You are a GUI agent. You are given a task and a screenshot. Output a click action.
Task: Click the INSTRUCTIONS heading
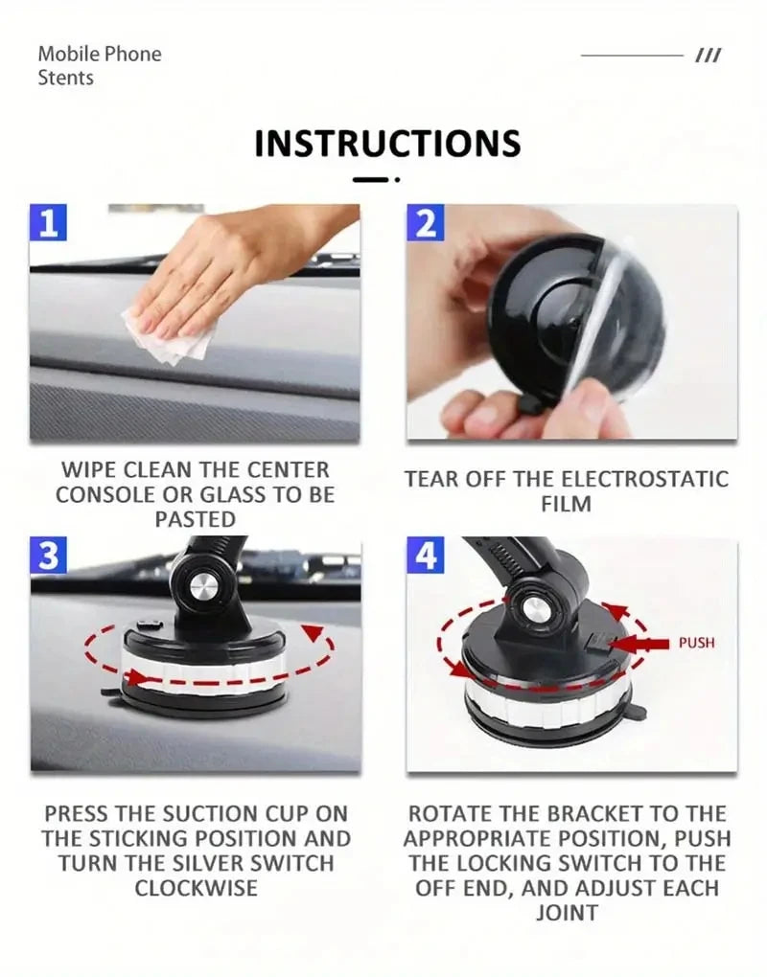tap(387, 144)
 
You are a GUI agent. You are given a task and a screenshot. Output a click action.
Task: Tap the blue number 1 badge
tap(49, 222)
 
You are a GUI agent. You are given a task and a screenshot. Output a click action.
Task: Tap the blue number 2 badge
tap(427, 222)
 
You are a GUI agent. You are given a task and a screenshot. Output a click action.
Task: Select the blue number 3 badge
tap(49, 556)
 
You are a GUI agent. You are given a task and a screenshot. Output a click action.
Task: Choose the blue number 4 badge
tap(427, 556)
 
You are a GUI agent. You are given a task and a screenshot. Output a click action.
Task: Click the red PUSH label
tap(696, 643)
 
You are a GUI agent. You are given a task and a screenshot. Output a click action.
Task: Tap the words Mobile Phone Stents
tap(100, 65)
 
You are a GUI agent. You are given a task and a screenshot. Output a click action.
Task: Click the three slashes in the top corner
tap(708, 57)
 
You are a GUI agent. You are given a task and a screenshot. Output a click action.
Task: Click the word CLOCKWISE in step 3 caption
tap(196, 888)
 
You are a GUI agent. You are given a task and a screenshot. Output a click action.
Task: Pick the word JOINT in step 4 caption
tap(566, 913)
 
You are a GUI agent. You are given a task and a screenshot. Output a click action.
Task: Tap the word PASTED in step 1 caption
tap(196, 519)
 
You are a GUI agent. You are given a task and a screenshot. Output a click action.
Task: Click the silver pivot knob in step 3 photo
tap(203, 587)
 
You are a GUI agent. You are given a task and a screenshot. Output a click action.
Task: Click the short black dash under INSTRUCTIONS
tap(370, 179)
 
